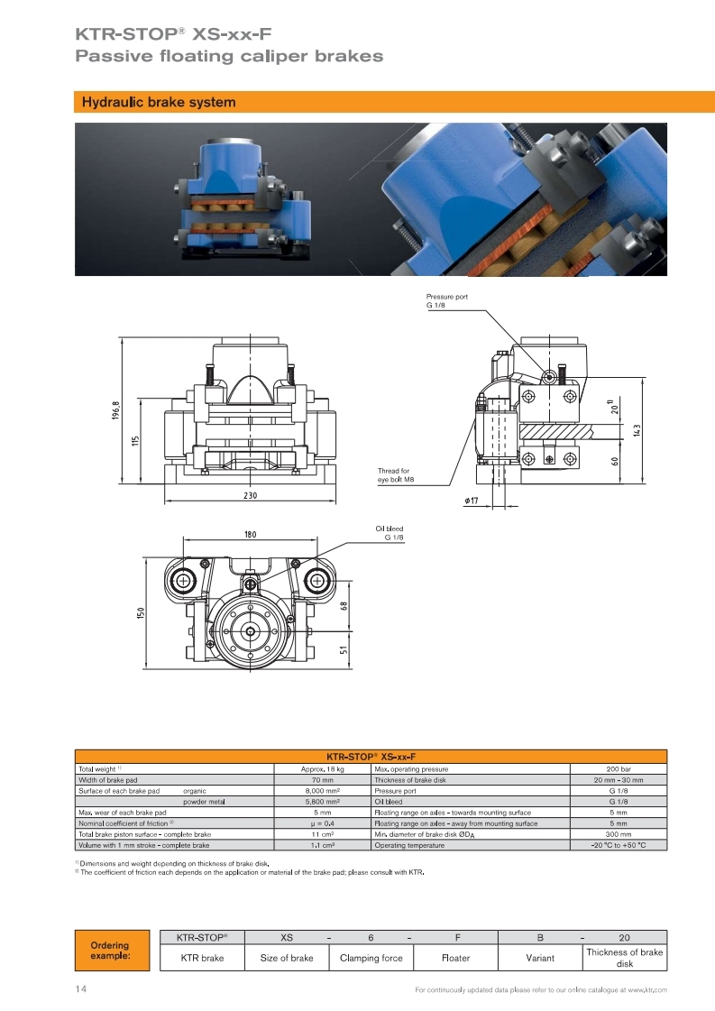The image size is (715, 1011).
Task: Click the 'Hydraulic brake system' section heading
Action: (159, 102)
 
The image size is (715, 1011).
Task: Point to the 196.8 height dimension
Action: (116, 410)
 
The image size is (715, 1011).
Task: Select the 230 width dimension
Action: (250, 495)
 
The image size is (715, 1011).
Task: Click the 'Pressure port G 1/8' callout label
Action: (447, 300)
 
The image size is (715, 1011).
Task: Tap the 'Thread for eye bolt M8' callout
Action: (396, 475)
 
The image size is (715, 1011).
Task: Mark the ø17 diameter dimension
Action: (472, 501)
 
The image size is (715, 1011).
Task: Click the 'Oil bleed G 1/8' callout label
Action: (390, 533)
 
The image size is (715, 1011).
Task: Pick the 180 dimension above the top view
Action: (250, 534)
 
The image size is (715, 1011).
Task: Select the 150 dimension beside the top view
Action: (141, 612)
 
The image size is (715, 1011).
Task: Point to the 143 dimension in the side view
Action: (637, 430)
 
